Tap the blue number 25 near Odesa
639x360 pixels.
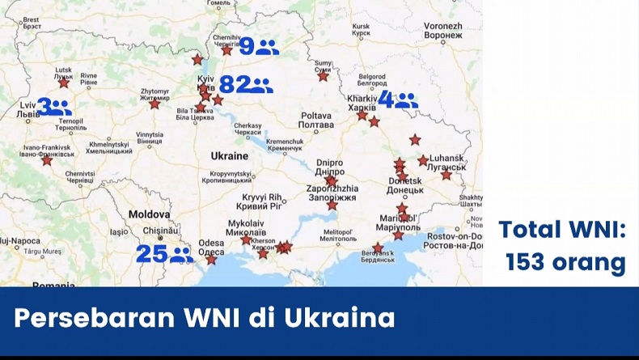tap(151, 254)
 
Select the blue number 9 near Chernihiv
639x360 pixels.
tap(246, 46)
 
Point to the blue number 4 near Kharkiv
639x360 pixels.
tap(387, 100)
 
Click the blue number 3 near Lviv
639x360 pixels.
tap(44, 106)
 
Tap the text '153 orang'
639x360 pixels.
tap(565, 262)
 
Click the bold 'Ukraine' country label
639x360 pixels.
tap(229, 155)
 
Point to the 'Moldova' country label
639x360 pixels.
tap(148, 214)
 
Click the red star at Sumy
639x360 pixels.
tap(324, 76)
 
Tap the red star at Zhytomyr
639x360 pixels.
tap(154, 104)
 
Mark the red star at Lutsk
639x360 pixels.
tap(64, 83)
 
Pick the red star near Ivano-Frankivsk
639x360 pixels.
tap(47, 160)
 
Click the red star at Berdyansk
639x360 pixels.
tap(378, 248)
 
